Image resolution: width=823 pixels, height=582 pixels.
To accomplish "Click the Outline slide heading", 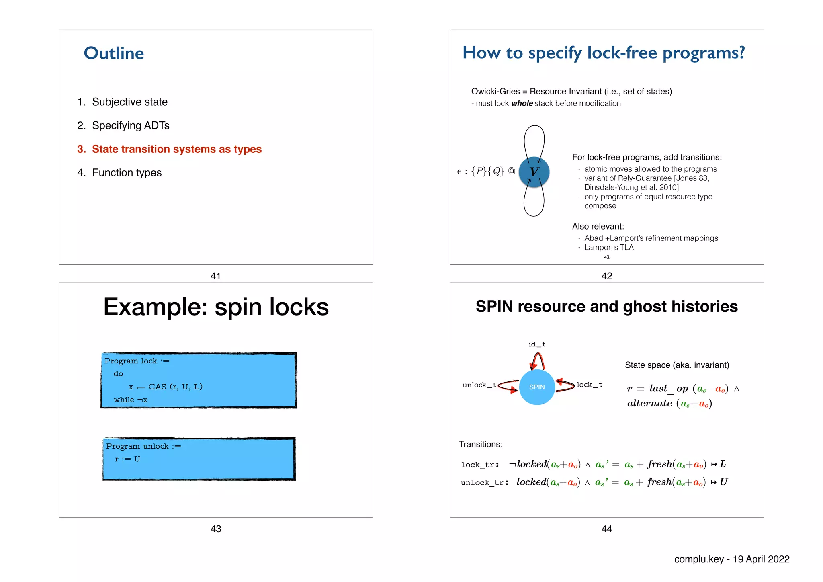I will coord(114,53).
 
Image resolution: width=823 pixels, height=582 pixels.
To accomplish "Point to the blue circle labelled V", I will coord(534,172).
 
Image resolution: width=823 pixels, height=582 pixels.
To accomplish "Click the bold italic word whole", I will coord(522,103).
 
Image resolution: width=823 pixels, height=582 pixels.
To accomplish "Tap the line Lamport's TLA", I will coord(608,248).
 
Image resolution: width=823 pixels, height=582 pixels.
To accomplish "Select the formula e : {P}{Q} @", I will coord(485,171).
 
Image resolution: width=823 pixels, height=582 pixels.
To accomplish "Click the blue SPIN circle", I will coord(537,387).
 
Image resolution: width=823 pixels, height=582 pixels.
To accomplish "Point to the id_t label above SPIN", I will coord(536,344).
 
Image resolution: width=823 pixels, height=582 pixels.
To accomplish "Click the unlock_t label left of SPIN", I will coord(479,385).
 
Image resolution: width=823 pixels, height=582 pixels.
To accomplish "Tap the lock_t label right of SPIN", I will coord(589,385).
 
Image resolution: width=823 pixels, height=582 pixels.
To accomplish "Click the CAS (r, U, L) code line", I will coord(166,387).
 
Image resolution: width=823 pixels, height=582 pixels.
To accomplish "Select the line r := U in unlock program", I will coord(127,459).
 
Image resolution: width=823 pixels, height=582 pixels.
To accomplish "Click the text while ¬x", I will coord(131,400).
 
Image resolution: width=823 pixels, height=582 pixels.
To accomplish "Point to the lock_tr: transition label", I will coord(480,465).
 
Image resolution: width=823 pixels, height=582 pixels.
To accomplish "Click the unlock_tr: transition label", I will coord(484,482).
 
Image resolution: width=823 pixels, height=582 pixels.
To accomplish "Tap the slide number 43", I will coord(216,529).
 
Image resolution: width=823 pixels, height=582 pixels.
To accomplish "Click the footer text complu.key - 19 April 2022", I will coord(731,559).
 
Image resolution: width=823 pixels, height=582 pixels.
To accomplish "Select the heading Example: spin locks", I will coord(216,307).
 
